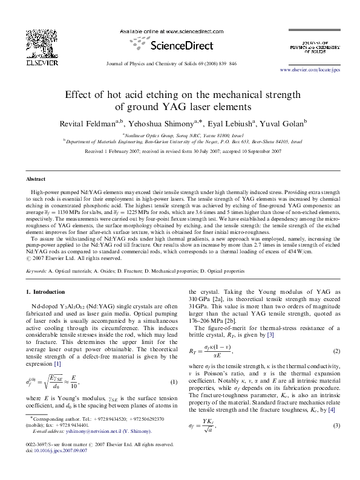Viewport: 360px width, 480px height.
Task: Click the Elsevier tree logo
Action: (25, 41)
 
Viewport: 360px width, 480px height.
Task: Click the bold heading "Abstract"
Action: (35, 180)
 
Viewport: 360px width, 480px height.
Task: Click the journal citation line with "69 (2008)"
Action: (180, 63)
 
